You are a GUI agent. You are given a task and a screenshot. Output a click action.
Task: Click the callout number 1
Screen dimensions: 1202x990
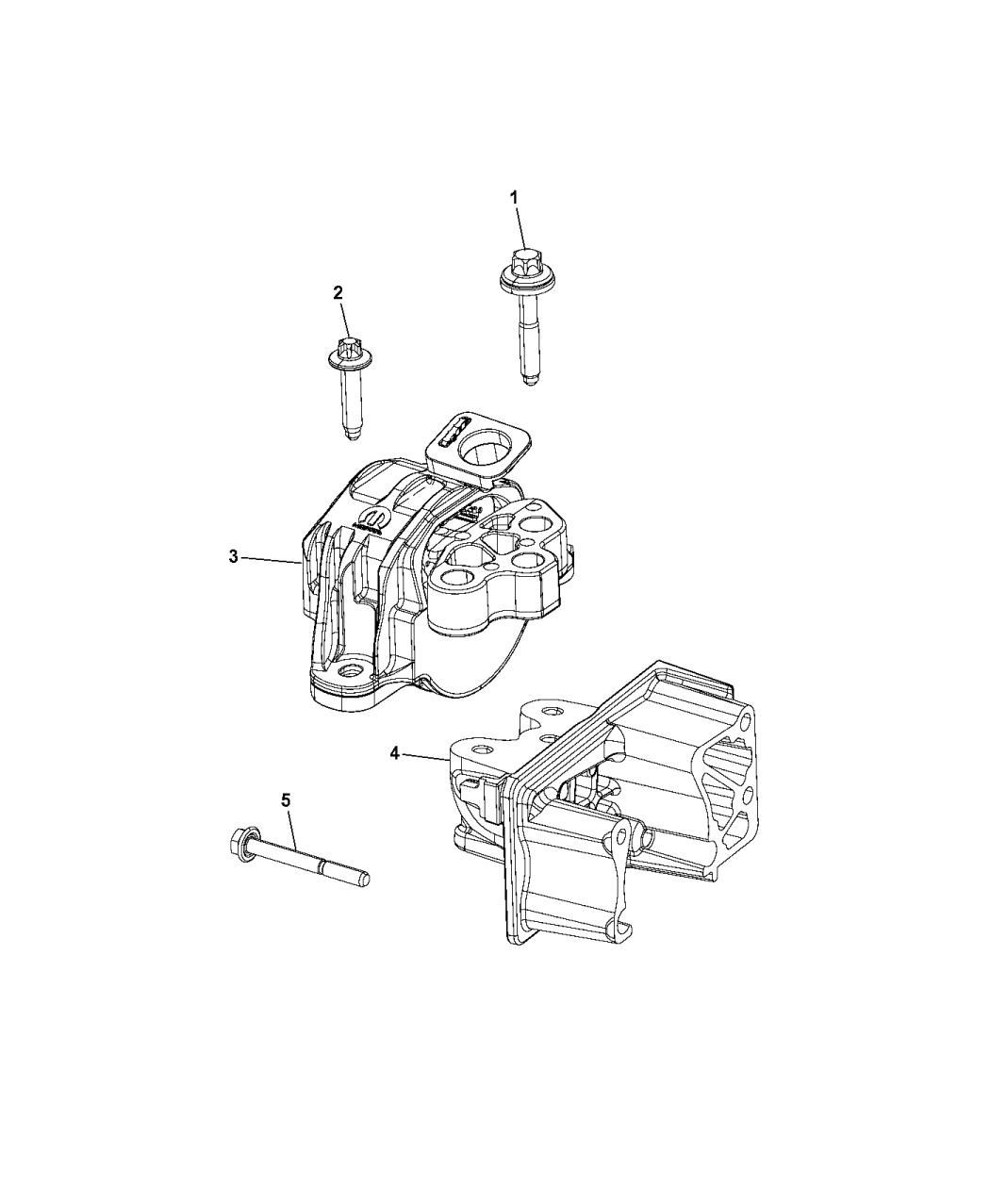[514, 197]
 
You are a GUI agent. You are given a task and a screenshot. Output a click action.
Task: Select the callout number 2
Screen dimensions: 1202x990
[338, 292]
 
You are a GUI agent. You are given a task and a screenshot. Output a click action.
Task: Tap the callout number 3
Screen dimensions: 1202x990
[233, 556]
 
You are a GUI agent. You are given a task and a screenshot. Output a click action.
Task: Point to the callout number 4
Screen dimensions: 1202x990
[396, 752]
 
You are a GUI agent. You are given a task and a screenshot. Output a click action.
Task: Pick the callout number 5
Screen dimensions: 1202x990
[286, 800]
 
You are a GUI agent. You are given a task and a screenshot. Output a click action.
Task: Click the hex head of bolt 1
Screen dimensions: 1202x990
[521, 259]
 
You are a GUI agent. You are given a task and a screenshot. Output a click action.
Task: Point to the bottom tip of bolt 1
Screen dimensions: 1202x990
[531, 381]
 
